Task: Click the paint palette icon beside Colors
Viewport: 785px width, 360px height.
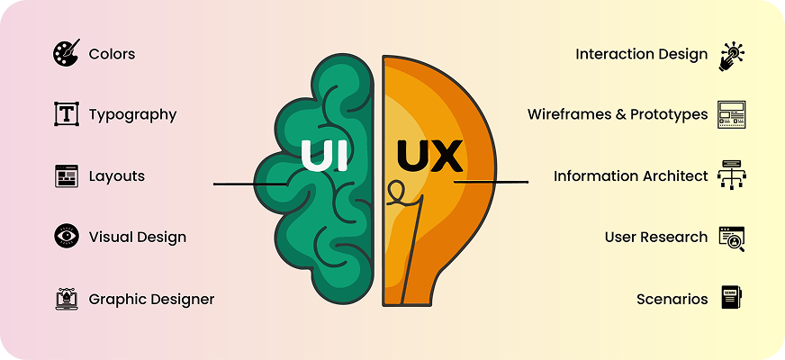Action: (66, 53)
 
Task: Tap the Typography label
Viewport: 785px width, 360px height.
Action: (132, 114)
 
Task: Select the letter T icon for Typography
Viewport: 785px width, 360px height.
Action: (66, 114)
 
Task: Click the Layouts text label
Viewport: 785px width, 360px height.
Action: (116, 175)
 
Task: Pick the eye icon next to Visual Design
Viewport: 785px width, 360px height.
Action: (66, 237)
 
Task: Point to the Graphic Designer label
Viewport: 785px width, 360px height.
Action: (151, 299)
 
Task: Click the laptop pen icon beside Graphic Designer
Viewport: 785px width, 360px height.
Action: (66, 299)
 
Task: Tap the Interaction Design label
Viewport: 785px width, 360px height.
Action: (642, 54)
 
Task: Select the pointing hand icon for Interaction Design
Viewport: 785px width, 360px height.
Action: (730, 55)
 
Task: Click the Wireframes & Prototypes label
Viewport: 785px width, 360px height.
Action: (618, 114)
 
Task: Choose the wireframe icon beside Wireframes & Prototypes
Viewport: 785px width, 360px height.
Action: (731, 114)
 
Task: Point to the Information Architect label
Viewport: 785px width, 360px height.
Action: (631, 176)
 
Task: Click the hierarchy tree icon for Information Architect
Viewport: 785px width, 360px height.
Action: (731, 176)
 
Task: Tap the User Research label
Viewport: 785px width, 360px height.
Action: (656, 237)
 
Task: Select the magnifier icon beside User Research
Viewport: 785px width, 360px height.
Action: (731, 238)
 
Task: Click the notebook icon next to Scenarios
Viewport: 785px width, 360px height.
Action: (731, 298)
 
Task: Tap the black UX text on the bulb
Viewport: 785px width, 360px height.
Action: (429, 155)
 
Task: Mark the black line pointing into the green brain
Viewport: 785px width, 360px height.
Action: (248, 184)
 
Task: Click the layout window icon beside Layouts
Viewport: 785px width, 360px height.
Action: (66, 175)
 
